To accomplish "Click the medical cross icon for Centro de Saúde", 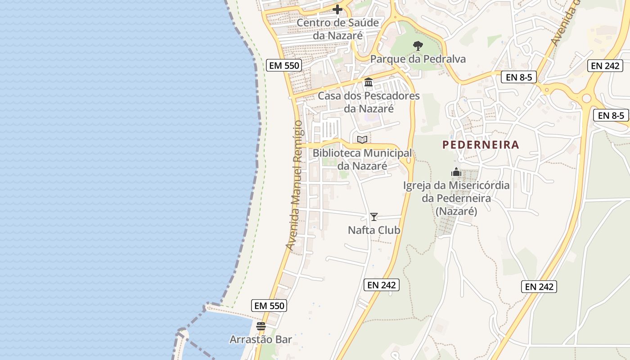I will click(x=337, y=9).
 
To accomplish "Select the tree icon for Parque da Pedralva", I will click(x=418, y=45).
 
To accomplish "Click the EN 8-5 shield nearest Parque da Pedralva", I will click(x=519, y=77).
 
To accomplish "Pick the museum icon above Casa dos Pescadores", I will click(x=369, y=82).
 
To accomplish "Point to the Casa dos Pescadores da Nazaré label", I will click(x=369, y=102).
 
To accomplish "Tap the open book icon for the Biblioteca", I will click(x=362, y=139).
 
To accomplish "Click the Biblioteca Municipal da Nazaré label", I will click(x=362, y=159).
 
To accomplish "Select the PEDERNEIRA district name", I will click(x=481, y=145).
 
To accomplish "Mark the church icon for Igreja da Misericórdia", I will click(x=456, y=172).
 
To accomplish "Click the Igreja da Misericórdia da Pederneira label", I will click(x=456, y=198).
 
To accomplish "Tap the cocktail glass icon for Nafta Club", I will click(x=374, y=217).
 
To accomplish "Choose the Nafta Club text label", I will click(x=374, y=230).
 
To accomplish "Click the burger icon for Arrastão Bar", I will click(x=261, y=326).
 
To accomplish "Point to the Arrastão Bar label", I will click(x=261, y=339).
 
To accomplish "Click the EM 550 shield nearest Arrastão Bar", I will click(x=269, y=306).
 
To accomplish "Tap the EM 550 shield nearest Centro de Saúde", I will click(x=283, y=65).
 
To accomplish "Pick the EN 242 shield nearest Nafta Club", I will click(x=382, y=285).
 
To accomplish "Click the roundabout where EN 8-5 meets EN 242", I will click(x=586, y=98).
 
